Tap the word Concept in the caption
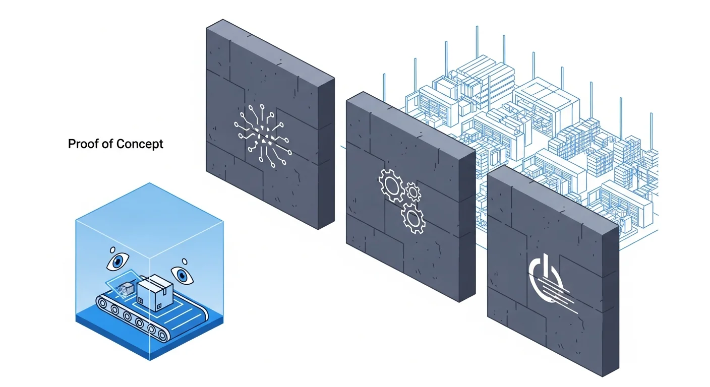140,144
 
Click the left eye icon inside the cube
118,262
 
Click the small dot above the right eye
185,261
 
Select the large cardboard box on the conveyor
155,295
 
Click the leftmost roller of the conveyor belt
104,304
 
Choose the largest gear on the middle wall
391,185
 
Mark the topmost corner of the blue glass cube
150,183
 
